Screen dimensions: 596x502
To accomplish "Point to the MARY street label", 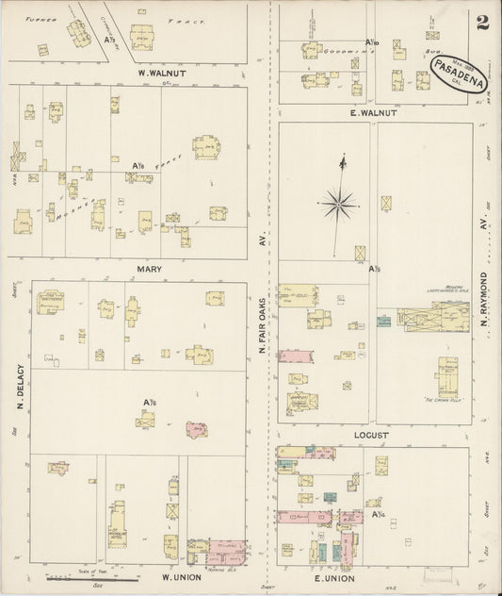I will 150,269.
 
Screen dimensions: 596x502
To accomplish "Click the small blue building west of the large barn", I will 383,322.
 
